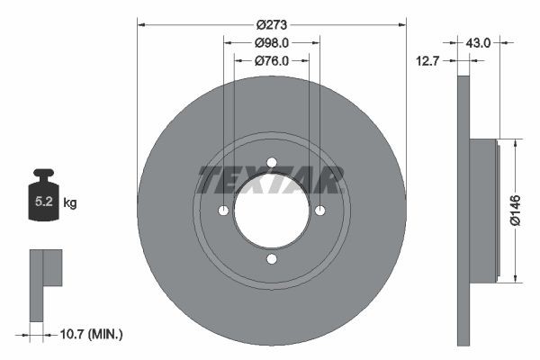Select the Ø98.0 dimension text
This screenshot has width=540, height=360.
[x=271, y=42]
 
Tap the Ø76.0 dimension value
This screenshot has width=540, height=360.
[x=271, y=60]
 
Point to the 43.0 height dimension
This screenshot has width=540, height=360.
[x=477, y=41]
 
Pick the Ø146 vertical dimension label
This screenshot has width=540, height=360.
[x=515, y=210]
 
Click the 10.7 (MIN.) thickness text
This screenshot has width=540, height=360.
[x=90, y=334]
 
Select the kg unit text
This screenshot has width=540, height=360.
[x=70, y=203]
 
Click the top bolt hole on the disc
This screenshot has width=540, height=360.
[x=271, y=162]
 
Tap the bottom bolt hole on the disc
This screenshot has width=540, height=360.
[x=271, y=259]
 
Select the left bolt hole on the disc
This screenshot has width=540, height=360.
[x=222, y=211]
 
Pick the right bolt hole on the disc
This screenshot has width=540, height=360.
[x=319, y=211]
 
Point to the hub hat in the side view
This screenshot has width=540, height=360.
[x=484, y=210]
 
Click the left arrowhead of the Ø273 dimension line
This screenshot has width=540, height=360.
[x=141, y=25]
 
